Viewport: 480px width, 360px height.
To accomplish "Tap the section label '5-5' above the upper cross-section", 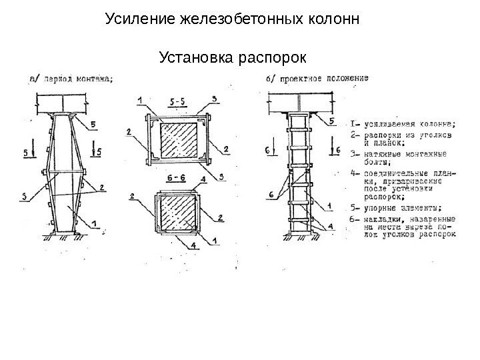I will point(178,101).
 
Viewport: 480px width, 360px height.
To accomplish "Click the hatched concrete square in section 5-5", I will point(177,141).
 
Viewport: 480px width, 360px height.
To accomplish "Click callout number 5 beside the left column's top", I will point(93,124).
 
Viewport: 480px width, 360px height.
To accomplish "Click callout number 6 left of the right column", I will point(271,194).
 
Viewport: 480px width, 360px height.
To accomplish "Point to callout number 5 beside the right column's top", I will point(331,121).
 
